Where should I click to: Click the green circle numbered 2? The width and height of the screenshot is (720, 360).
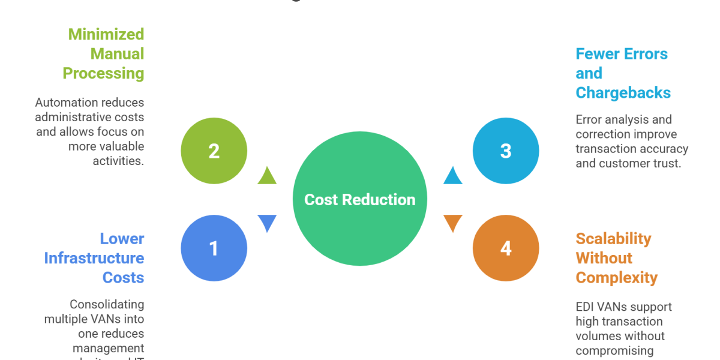pos(214,151)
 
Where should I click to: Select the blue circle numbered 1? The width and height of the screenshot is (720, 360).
pos(214,248)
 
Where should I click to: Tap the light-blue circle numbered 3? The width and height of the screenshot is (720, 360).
pos(505,151)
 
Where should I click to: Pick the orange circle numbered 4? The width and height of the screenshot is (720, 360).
pos(505,248)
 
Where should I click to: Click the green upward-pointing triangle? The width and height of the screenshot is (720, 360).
pos(265,176)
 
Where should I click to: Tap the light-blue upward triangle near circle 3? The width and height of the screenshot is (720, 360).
pos(452,176)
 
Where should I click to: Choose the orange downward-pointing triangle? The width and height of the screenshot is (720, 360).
pos(452,223)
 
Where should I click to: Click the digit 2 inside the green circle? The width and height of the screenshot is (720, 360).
pos(214,151)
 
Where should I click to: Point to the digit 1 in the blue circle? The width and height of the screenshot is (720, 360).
pos(214,248)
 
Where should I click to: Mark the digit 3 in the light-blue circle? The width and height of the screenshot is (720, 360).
pos(505,151)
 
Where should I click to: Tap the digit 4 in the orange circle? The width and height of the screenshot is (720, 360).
pos(505,248)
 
